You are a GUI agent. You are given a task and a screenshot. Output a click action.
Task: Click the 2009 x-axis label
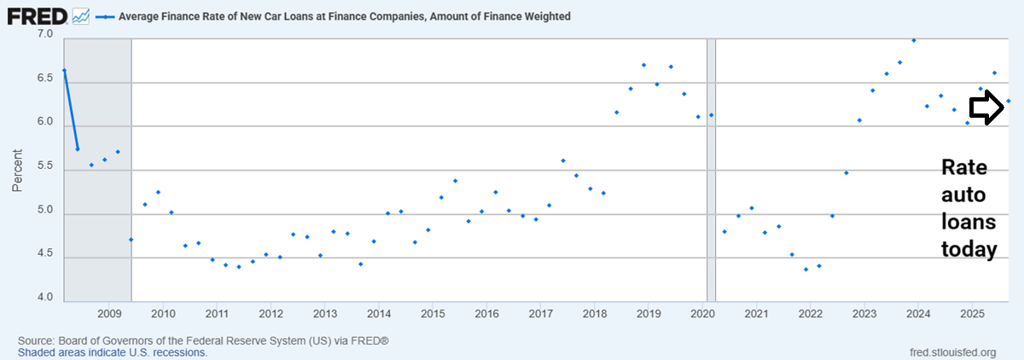pos(108,311)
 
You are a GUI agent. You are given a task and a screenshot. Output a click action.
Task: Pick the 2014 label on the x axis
pos(378,311)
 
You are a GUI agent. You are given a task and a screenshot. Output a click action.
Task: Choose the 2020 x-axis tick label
pos(701,311)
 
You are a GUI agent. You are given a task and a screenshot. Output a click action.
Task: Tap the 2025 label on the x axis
pos(971,311)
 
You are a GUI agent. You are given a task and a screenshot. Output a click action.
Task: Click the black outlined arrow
pos(986,107)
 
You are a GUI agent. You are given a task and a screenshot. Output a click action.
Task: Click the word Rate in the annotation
pos(960,166)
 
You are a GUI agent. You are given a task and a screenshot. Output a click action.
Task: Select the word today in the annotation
pos(969,250)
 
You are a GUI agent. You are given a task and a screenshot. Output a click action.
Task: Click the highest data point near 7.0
pos(914,40)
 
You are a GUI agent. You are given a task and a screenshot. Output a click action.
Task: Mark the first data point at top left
pos(64,70)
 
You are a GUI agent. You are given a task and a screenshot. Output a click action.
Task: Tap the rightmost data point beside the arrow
pos(1009,101)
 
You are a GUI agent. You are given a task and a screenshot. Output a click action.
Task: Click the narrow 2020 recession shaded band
pos(711,171)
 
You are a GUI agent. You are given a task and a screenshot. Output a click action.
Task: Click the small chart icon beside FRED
pos(81,15)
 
